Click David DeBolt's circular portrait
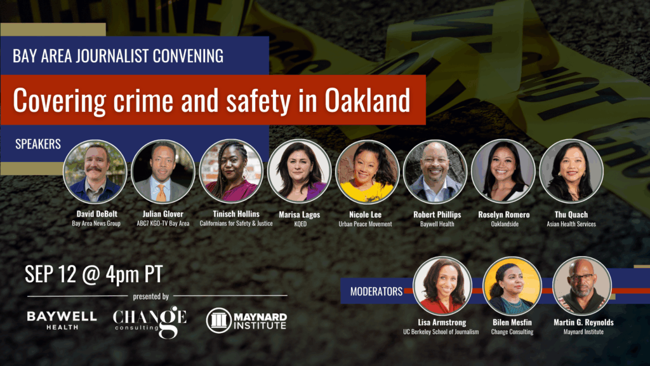pyautogui.click(x=95, y=172)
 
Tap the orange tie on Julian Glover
pyautogui.click(x=161, y=193)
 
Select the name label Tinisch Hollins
pyautogui.click(x=236, y=214)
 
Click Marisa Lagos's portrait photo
pyautogui.click(x=300, y=171)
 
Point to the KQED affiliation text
pyautogui.click(x=300, y=224)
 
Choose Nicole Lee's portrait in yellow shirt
pyautogui.click(x=367, y=172)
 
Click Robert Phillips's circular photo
pyautogui.click(x=435, y=172)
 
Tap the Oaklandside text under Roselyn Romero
pyautogui.click(x=505, y=224)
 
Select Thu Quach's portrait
pyautogui.click(x=571, y=171)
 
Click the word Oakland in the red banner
pyautogui.click(x=368, y=100)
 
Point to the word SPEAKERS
pyautogui.click(x=38, y=144)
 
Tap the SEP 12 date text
pyautogui.click(x=51, y=274)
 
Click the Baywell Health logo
pyautogui.click(x=62, y=320)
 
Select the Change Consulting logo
pyautogui.click(x=150, y=322)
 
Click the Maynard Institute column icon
pyautogui.click(x=219, y=320)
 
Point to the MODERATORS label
pyautogui.click(x=376, y=292)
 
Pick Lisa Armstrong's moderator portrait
pyautogui.click(x=442, y=285)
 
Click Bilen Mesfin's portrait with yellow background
pyautogui.click(x=512, y=285)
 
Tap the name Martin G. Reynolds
pyautogui.click(x=584, y=322)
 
